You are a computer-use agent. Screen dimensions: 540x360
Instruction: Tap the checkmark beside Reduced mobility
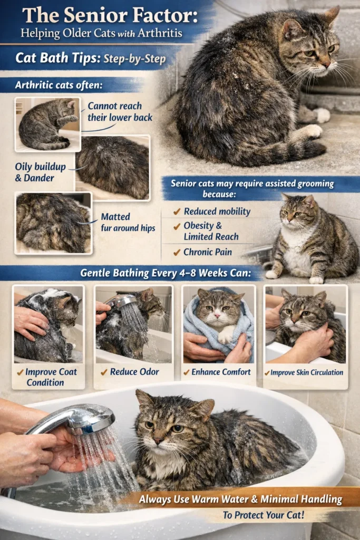pos(177,211)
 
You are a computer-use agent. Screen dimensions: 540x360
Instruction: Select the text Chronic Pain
pos(208,252)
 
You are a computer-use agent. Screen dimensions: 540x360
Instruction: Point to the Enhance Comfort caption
pos(218,372)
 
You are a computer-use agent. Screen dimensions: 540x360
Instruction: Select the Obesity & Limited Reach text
pos(211,232)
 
